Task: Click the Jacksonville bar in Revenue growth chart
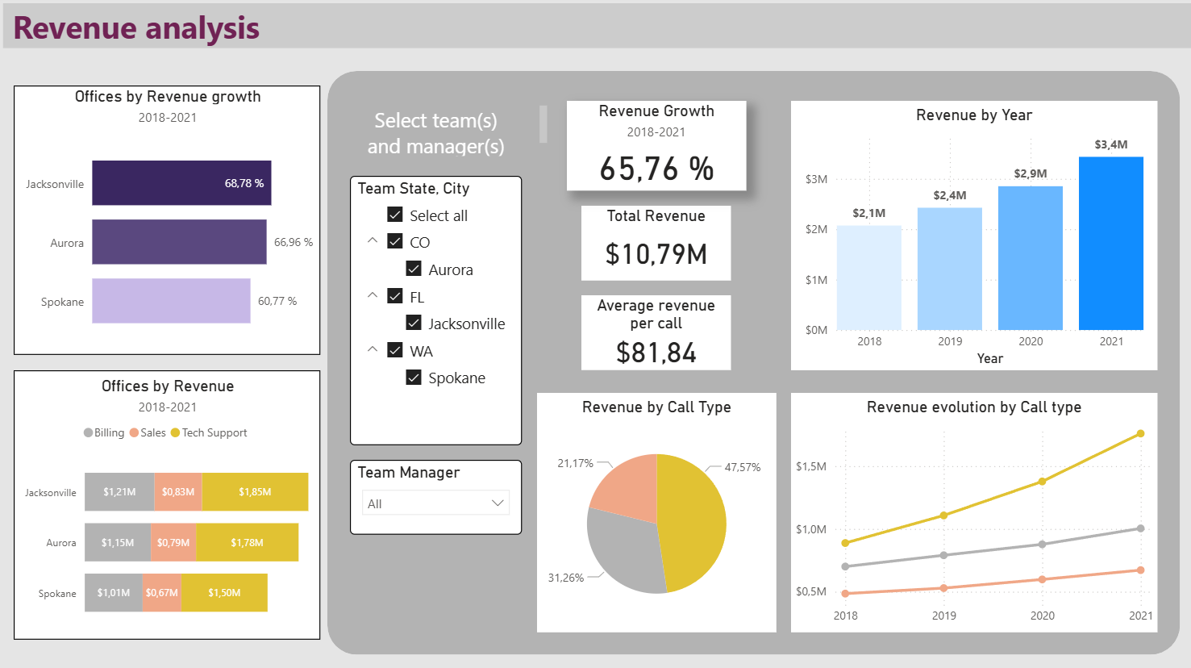pos(181,183)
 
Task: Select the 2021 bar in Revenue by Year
pos(1110,244)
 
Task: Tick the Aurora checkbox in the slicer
pos(414,269)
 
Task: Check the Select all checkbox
pos(395,215)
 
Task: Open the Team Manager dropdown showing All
pos(435,503)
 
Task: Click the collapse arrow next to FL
pos(373,295)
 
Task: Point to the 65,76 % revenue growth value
pos(656,169)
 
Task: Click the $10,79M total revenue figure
pos(656,254)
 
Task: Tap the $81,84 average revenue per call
pos(656,353)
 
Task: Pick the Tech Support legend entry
pos(209,433)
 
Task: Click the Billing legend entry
pos(104,433)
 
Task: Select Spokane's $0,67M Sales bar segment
pos(162,593)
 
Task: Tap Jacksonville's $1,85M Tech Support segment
pos(255,492)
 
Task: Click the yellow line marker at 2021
pos(1140,434)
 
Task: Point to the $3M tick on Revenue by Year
pos(816,179)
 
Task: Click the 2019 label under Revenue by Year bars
pos(950,341)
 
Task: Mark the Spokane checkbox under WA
pos(414,378)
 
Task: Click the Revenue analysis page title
pos(136,28)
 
